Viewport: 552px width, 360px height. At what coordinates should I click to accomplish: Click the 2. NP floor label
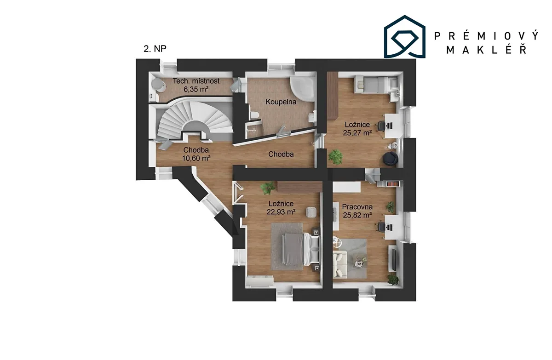pos(155,49)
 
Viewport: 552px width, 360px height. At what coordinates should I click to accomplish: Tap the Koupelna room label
pos(281,102)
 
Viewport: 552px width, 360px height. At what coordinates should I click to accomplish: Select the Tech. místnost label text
pos(196,81)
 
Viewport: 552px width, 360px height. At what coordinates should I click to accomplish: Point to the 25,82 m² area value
pos(357,215)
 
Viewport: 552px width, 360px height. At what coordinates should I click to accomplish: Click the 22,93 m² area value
pos(281,212)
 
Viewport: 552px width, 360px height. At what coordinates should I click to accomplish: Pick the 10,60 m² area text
pos(196,158)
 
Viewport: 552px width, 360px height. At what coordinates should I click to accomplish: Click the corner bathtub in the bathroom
pos(303,89)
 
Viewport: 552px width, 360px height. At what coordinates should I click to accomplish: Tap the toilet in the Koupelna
pos(254,115)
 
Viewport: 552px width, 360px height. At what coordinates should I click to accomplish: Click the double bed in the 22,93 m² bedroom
pos(301,249)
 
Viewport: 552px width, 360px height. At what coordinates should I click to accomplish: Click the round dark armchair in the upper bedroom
pos(391,158)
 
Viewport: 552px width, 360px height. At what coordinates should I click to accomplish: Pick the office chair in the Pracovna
pos(381,227)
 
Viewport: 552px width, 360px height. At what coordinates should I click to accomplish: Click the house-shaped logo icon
pos(405,37)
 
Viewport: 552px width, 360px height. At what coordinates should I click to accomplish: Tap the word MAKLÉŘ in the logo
pos(487,50)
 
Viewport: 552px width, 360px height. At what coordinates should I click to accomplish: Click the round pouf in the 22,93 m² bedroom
pos(311,212)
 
